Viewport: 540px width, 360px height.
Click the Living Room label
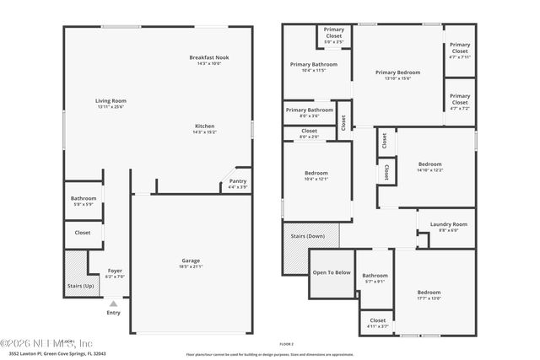(111, 100)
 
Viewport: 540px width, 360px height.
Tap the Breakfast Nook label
(208, 57)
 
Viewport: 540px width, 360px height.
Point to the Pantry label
(237, 181)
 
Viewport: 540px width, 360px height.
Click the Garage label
(191, 261)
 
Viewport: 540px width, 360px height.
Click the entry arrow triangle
(114, 303)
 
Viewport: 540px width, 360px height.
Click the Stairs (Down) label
(308, 235)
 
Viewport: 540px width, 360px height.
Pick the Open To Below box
(332, 273)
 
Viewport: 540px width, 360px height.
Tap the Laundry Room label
(448, 224)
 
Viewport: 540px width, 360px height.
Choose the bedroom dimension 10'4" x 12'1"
(316, 179)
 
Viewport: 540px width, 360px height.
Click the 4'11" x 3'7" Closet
(377, 323)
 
